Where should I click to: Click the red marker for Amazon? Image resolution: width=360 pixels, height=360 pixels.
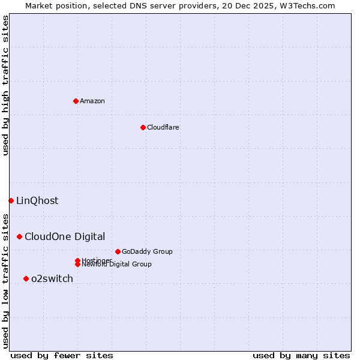76,101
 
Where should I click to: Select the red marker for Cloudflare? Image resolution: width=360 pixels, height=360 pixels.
143,127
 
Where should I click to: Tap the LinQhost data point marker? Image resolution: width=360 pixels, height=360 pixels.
11,200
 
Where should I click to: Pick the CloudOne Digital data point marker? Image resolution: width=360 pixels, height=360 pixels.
20,237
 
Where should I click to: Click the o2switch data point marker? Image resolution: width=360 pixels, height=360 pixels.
26,278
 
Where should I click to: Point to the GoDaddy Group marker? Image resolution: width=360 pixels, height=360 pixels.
118,251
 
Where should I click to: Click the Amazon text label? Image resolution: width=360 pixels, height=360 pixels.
92,101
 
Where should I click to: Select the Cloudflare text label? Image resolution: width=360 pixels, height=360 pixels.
163,127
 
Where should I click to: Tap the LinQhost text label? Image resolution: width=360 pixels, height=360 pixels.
37,201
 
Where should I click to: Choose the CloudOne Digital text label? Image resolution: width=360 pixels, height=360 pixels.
65,237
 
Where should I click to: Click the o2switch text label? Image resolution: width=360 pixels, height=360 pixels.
52,279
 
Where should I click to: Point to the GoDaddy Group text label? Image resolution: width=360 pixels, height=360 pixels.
147,252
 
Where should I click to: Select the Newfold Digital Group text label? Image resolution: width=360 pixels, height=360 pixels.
116,265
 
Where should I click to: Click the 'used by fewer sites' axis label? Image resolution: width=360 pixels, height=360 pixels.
62,355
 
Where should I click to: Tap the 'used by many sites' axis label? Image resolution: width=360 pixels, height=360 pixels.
301,355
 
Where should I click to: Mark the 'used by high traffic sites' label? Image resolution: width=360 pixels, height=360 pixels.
5,85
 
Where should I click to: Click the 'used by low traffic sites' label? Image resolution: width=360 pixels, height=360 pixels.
5,280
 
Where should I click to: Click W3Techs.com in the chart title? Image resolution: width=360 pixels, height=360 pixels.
306,5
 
